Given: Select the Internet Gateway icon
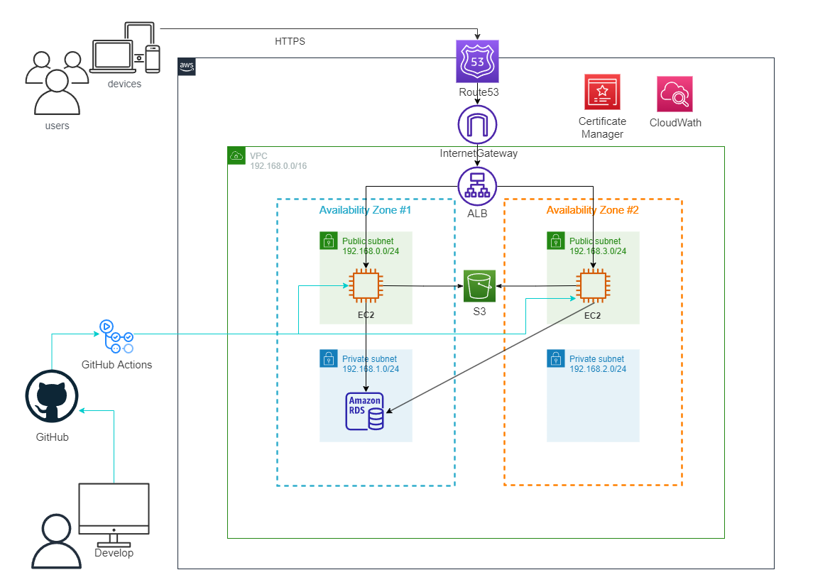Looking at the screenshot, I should (x=478, y=125).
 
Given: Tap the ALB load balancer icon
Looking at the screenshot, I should (x=478, y=186).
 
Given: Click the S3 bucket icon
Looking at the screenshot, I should (x=479, y=286).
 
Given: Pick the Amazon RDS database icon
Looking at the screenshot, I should (x=365, y=411).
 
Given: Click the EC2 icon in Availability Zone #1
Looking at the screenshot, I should (x=365, y=286).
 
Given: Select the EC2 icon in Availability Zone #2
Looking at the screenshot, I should (x=592, y=286).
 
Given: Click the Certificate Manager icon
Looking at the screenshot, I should (x=602, y=92).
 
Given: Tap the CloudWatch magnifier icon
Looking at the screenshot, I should (x=675, y=94).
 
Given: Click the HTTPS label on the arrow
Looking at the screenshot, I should (x=290, y=42).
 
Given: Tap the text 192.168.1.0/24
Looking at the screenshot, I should (x=371, y=369).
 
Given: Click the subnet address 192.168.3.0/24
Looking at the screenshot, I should (x=598, y=251).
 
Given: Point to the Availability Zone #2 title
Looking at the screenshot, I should (x=592, y=210).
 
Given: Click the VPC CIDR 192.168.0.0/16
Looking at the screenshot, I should (x=278, y=166).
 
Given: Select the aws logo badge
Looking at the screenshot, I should (x=187, y=67).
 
